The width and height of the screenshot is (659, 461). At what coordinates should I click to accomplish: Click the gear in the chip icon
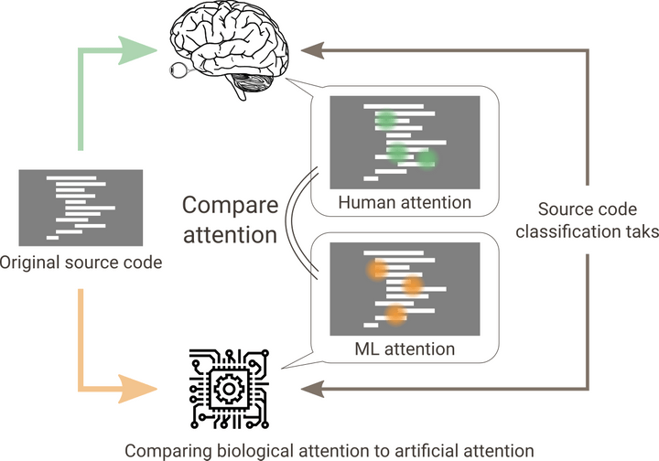(x=229, y=389)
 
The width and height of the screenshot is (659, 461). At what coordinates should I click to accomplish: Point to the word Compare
(x=231, y=205)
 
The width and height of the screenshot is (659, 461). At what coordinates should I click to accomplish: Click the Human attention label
(x=405, y=202)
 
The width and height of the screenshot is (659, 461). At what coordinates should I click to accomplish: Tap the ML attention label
(x=405, y=348)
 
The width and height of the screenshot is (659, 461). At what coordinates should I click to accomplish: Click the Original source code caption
(x=81, y=263)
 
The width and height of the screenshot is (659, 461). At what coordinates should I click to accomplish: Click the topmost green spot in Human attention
(x=386, y=120)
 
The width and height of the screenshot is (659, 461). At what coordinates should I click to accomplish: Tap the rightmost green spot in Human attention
(x=427, y=159)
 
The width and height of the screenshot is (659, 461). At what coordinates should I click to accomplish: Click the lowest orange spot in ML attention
(x=395, y=314)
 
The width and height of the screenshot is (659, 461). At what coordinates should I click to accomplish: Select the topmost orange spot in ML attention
(x=377, y=269)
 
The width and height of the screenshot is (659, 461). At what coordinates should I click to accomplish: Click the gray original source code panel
(x=81, y=208)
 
